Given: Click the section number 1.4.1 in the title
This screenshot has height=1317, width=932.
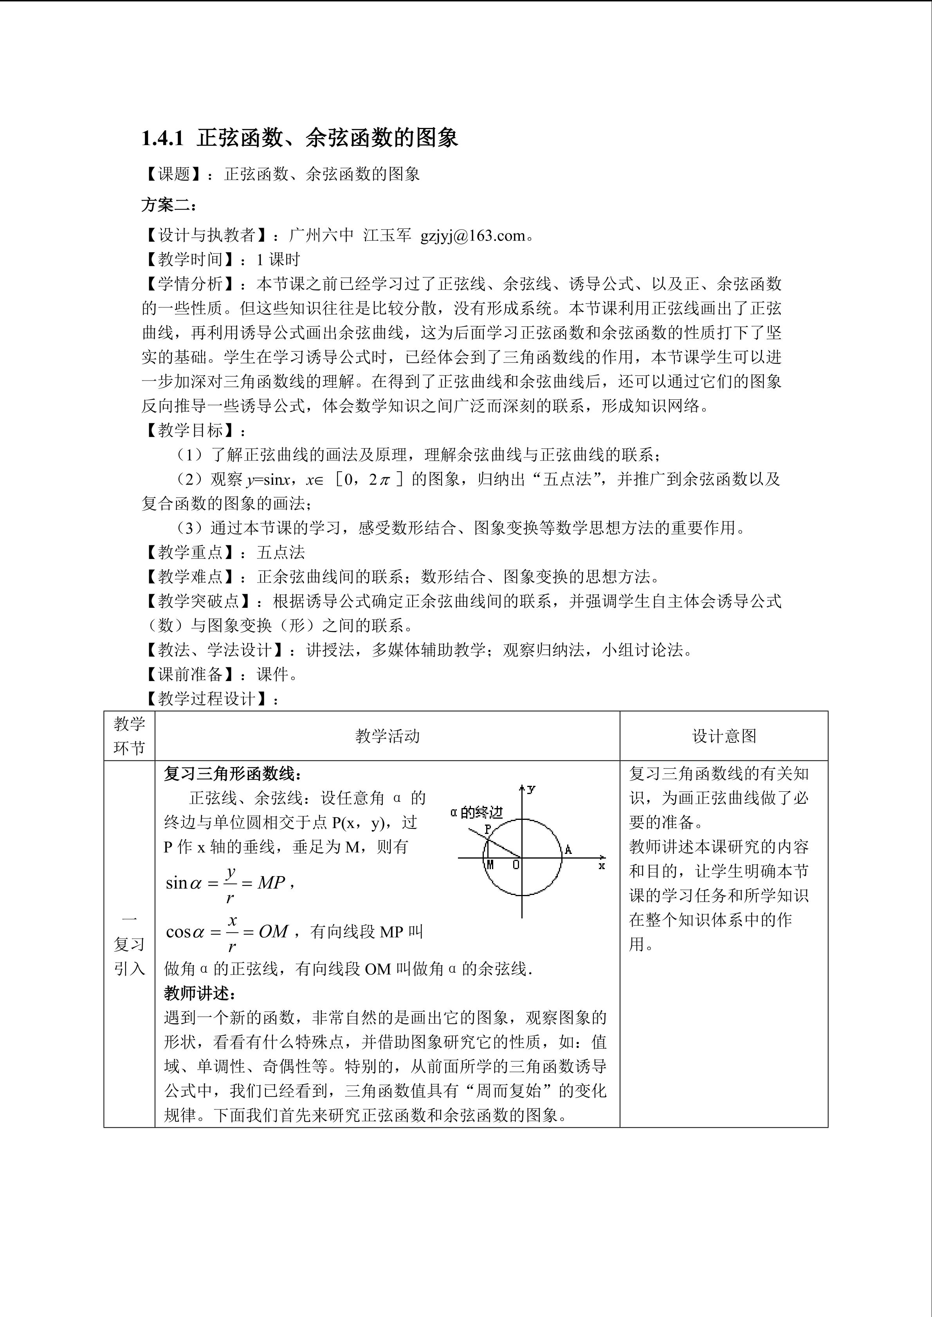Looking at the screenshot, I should click(162, 138).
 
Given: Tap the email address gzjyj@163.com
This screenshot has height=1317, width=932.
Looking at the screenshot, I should click(472, 236).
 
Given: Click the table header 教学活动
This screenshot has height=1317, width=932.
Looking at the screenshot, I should click(388, 736).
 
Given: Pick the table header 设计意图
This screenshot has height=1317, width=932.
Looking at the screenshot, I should click(724, 736).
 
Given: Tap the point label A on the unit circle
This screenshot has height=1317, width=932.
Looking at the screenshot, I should click(568, 850).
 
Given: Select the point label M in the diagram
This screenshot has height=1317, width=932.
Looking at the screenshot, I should click(490, 865).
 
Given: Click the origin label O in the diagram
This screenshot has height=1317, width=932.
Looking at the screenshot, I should click(516, 865).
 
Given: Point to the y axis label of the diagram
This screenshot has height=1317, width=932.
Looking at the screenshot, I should click(532, 789).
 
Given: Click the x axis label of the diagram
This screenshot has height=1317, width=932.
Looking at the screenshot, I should click(602, 866).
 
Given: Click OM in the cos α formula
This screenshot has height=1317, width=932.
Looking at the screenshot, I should click(273, 932).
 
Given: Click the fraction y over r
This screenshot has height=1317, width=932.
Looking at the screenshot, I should click(230, 884).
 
